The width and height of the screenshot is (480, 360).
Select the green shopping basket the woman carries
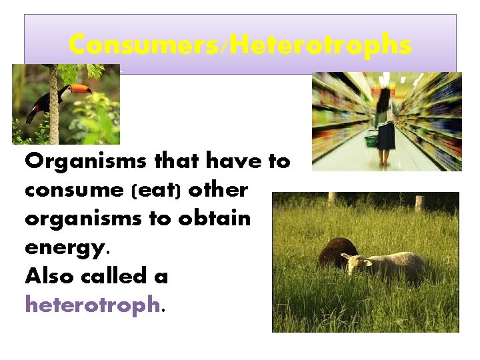[x=371, y=140]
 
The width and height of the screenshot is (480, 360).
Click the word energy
[x=64, y=247]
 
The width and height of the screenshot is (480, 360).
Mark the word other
[x=218, y=191]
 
